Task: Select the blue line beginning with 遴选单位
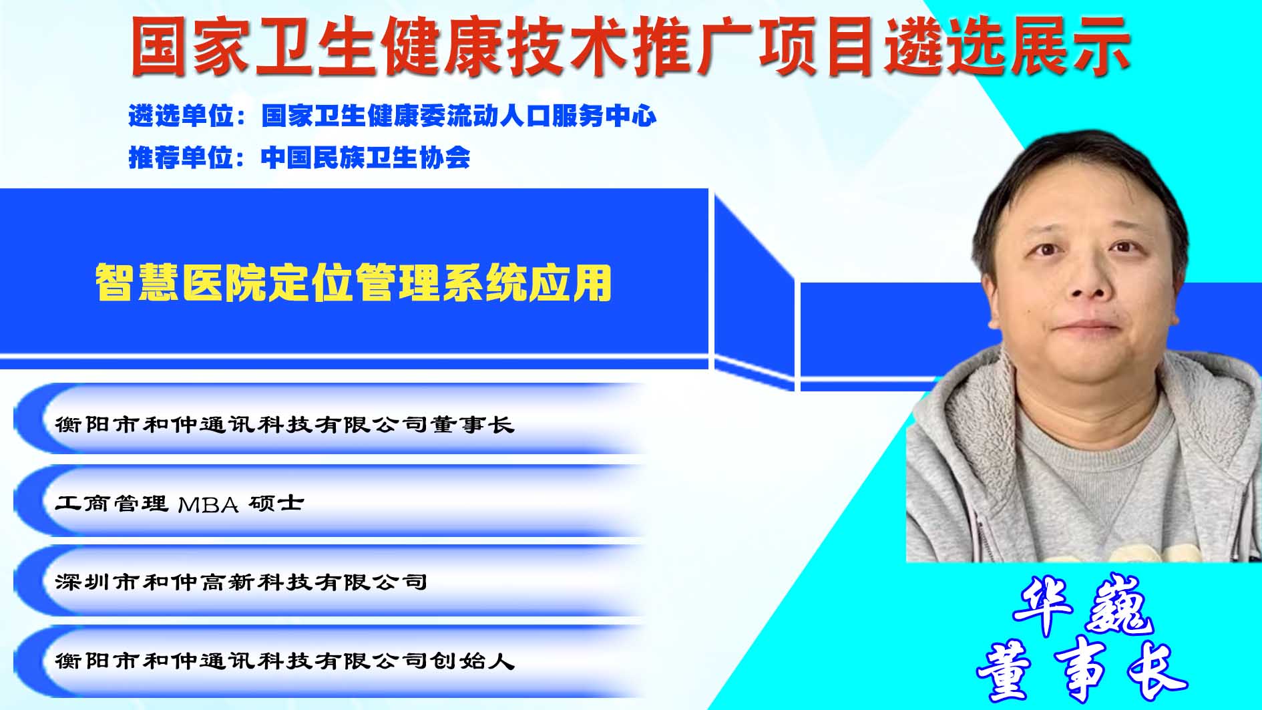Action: pos(393,116)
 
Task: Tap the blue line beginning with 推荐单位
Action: pos(299,158)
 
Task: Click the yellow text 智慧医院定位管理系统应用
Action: pos(353,283)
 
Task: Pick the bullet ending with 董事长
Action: pos(284,424)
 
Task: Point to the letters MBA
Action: pos(208,504)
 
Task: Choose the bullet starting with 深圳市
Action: pos(241,582)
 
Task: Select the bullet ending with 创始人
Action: pos(284,661)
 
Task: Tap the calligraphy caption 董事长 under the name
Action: pos(1082,670)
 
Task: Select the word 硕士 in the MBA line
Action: pos(276,503)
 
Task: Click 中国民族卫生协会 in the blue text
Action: pos(365,158)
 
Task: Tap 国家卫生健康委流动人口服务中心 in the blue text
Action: pos(459,116)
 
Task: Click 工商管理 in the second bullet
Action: pos(112,503)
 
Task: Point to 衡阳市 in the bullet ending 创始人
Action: pos(97,661)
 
